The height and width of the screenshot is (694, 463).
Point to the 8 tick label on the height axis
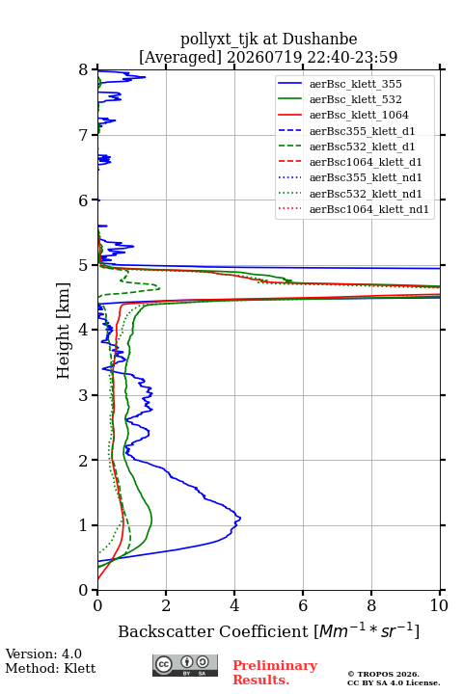(x=84, y=70)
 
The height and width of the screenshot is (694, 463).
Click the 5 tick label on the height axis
(x=84, y=265)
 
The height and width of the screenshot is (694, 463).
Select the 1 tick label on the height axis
(x=84, y=525)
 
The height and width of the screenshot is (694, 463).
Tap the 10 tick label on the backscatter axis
(x=440, y=605)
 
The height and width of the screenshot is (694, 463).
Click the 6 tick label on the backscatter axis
(x=303, y=605)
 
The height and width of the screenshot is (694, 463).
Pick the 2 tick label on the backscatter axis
(x=166, y=605)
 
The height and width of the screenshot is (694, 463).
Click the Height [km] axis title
(x=64, y=331)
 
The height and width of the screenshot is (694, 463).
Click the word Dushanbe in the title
(x=319, y=40)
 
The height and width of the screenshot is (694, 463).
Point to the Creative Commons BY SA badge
(x=185, y=666)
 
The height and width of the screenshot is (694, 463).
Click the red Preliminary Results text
(x=275, y=673)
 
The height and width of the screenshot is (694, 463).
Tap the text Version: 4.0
(x=43, y=654)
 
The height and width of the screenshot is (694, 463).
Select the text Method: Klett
(x=50, y=668)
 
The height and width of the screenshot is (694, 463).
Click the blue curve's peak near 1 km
(x=240, y=518)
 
